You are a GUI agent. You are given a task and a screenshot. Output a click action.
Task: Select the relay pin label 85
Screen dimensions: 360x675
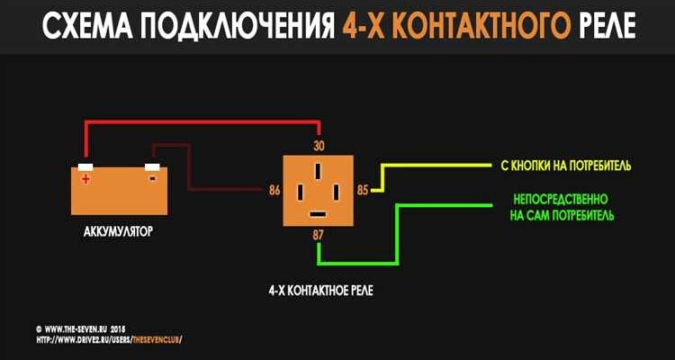tap(363, 191)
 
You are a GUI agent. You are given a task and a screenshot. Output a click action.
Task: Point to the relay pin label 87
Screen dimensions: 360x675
tap(318, 235)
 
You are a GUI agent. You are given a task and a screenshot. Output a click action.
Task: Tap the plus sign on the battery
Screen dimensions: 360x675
tap(86, 179)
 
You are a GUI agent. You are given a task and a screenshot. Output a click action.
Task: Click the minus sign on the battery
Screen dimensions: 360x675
tap(152, 178)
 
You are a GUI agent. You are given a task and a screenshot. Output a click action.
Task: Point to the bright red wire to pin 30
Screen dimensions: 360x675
tap(198, 124)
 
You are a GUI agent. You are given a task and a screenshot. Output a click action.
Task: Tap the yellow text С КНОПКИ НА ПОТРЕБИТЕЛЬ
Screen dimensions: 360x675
tap(562, 166)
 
